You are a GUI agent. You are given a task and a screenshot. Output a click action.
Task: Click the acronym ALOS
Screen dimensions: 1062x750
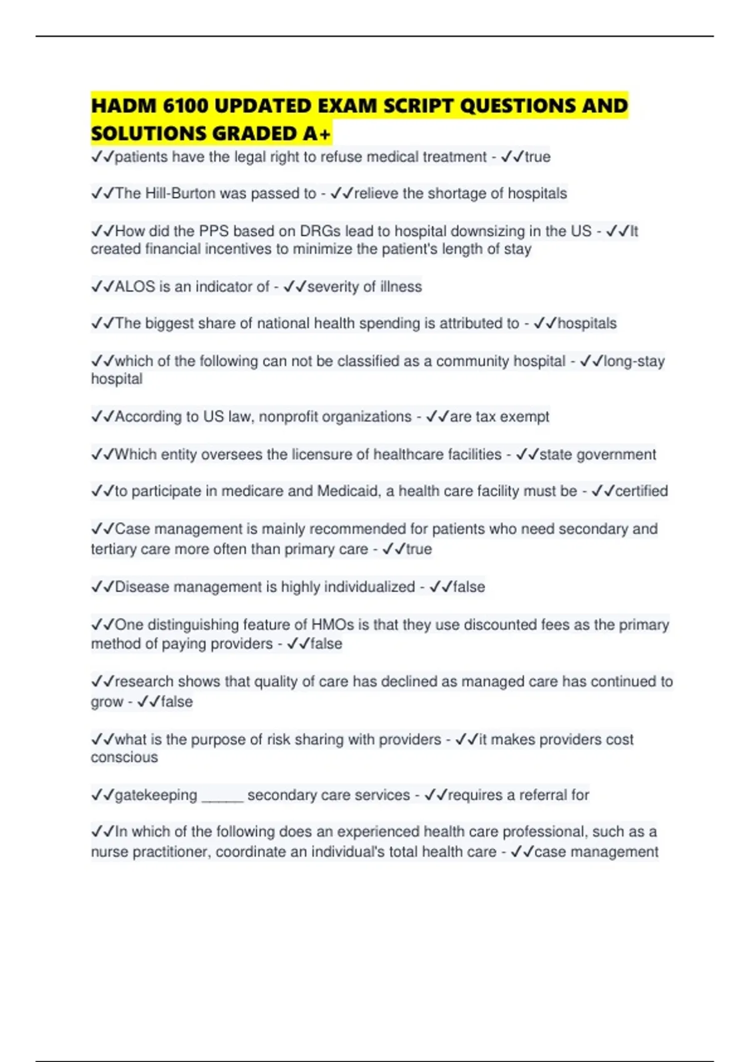(x=135, y=287)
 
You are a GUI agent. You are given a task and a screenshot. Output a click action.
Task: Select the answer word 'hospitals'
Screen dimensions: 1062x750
(x=587, y=324)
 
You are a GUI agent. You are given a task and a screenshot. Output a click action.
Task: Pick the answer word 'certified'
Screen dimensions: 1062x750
(x=642, y=491)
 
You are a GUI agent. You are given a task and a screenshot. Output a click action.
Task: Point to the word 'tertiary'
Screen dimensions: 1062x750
(x=113, y=549)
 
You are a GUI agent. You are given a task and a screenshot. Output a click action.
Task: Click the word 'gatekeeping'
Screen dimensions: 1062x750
(x=156, y=795)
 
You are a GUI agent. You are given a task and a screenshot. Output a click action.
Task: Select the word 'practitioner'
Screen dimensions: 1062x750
(x=165, y=852)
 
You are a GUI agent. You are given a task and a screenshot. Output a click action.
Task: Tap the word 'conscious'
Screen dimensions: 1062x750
(x=124, y=758)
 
